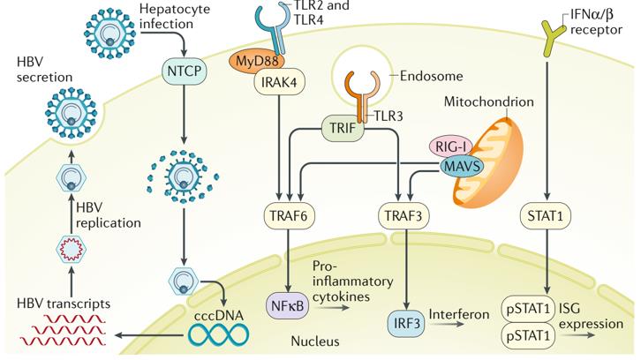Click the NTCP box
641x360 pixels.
click(182, 67)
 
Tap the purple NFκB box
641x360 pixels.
click(288, 305)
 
